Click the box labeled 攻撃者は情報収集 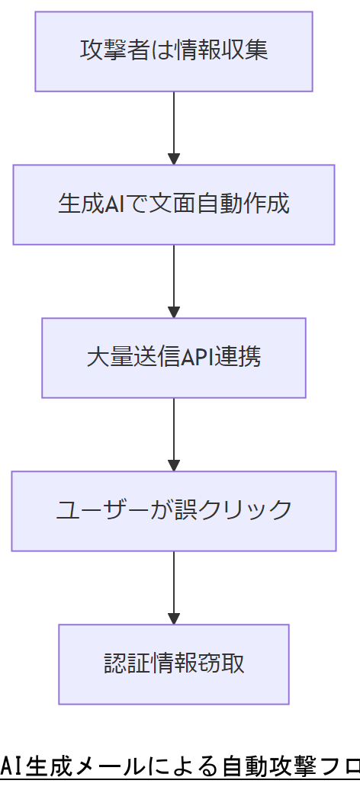(x=174, y=52)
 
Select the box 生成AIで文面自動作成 (x=174, y=204)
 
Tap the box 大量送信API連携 (x=174, y=358)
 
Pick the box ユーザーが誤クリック (x=174, y=511)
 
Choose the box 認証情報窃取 (x=174, y=664)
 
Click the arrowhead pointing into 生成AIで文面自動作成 (x=174, y=159)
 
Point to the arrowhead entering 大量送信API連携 (x=174, y=312)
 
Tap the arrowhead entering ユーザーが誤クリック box (x=174, y=465)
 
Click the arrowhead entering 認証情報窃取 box (x=174, y=618)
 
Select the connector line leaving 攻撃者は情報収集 (x=174, y=122)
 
